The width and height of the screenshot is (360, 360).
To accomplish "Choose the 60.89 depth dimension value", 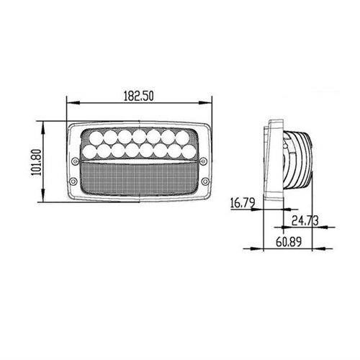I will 287,240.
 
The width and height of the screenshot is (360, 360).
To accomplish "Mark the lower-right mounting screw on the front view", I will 205,180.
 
